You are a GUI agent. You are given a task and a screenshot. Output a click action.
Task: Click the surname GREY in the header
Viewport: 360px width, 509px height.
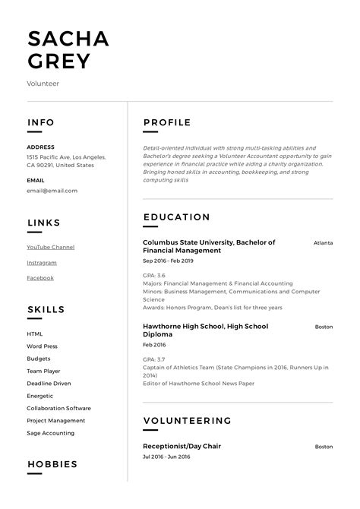tap(59, 61)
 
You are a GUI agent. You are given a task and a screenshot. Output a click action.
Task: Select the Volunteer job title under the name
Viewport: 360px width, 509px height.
tap(43, 84)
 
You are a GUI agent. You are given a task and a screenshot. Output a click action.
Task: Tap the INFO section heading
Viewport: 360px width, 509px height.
tap(40, 122)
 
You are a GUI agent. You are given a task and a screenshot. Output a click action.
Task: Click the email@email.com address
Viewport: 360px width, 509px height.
tap(52, 191)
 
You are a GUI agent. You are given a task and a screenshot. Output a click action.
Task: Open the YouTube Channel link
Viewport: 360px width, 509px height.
tap(50, 247)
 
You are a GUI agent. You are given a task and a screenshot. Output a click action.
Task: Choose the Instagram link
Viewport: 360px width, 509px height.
tap(42, 263)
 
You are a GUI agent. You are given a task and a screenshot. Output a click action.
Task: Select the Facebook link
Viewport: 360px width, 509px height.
tap(40, 278)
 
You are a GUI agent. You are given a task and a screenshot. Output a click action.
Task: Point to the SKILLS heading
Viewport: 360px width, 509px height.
tap(46, 310)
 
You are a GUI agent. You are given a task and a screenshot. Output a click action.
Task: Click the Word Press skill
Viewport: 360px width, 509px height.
tap(42, 346)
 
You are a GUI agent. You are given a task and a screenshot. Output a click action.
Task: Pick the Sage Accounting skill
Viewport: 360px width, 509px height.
tap(50, 433)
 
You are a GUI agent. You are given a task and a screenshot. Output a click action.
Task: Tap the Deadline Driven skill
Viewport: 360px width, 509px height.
tap(49, 383)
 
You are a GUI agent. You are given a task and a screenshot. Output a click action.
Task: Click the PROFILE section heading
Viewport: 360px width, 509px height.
tap(167, 122)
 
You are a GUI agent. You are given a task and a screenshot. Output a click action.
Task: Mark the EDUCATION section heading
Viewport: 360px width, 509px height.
tap(176, 217)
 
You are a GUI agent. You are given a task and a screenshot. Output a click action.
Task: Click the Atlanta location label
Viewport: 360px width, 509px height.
tap(323, 243)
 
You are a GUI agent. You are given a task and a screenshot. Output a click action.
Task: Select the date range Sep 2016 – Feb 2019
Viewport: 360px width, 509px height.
tap(168, 261)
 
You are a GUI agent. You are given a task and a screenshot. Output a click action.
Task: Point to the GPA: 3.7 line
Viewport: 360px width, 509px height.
tap(154, 359)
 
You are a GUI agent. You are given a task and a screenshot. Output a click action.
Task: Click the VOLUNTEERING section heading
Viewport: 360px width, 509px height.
tap(187, 420)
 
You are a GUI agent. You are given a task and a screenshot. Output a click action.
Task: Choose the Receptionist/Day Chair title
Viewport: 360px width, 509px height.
tap(182, 446)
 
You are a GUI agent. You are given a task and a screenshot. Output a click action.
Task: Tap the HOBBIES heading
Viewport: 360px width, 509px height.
tap(52, 463)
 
